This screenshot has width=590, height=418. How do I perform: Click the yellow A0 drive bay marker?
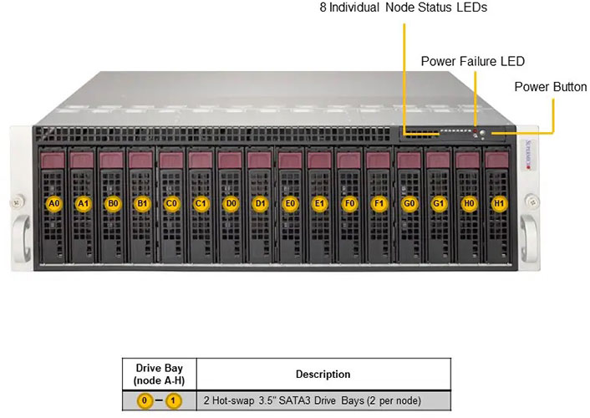click(53, 203)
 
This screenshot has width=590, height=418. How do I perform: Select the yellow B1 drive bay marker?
click(142, 203)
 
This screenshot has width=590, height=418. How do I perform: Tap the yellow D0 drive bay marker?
click(231, 203)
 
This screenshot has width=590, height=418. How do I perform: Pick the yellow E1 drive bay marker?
click(319, 203)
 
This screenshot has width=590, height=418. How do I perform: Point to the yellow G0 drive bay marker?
click(408, 203)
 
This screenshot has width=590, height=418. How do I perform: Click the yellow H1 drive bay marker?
click(499, 203)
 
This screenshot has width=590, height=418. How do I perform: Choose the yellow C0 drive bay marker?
click(171, 203)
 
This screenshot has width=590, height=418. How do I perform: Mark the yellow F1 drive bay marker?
click(379, 203)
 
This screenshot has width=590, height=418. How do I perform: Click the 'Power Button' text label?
click(550, 86)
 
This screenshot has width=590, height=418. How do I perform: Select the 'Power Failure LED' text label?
click(472, 61)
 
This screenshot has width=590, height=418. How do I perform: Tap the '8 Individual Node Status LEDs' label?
click(403, 8)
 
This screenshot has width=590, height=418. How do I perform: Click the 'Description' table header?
click(323, 374)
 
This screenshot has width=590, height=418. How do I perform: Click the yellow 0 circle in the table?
click(145, 400)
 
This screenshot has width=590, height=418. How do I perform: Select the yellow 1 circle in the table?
click(174, 400)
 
